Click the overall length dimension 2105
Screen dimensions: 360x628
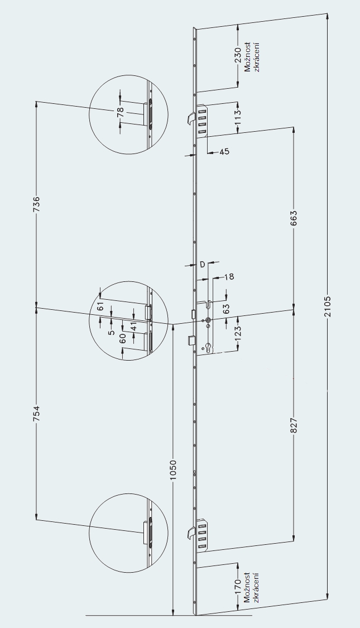(x=328, y=306)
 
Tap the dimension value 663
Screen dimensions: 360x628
(x=294, y=218)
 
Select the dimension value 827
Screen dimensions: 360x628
(x=294, y=425)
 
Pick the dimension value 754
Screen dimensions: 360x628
(x=36, y=413)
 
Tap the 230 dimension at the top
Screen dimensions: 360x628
(x=238, y=55)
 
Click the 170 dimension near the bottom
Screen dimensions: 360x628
(x=238, y=587)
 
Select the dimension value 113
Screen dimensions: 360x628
(x=238, y=116)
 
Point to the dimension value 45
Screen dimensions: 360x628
(x=224, y=152)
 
